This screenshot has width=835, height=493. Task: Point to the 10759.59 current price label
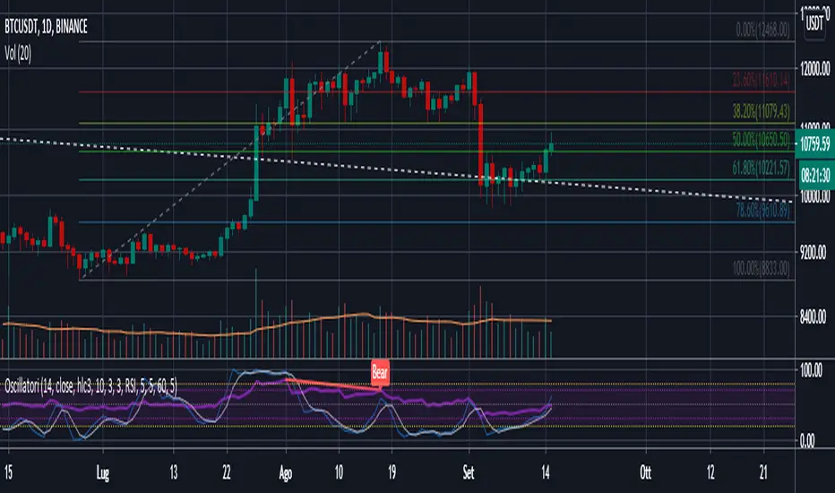(x=813, y=141)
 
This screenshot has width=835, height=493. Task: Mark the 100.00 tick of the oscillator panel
(x=810, y=368)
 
